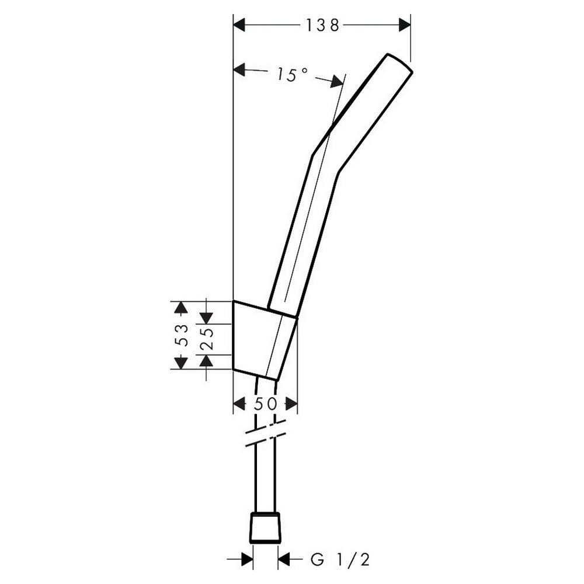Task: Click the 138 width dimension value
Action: [x=322, y=25]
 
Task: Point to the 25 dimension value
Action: [x=207, y=339]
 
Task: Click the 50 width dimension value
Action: [x=265, y=404]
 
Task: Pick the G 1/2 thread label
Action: [x=340, y=559]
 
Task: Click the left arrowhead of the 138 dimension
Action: [x=239, y=25]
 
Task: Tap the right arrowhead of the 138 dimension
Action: [x=405, y=25]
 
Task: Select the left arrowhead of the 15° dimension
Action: [x=239, y=69]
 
